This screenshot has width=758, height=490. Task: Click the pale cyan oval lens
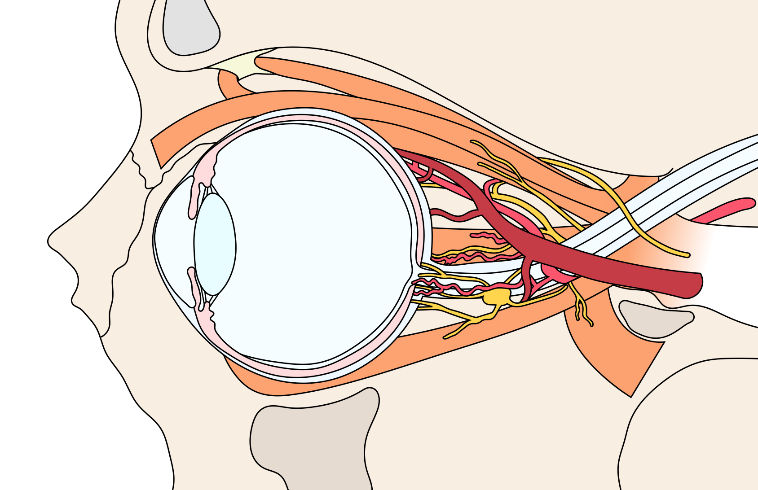pos(215,245)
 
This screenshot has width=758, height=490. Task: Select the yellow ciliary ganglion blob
pos(497,297)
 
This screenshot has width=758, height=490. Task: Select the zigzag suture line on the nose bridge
pos(141,171)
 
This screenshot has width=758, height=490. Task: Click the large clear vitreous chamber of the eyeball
pos(314,242)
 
